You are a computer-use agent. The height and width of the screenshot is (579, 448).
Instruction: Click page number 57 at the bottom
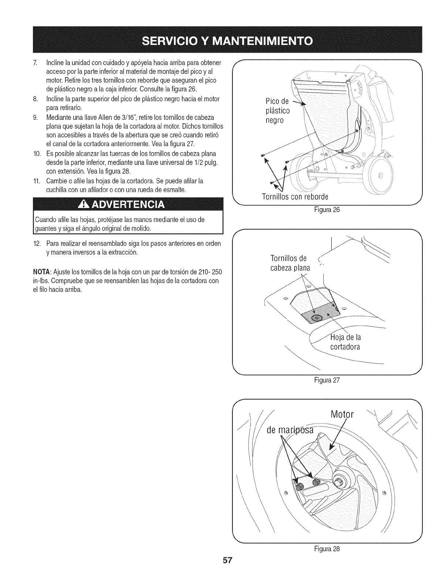pos(224,571)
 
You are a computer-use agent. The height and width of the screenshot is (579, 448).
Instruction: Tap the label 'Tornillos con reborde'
pos(295,197)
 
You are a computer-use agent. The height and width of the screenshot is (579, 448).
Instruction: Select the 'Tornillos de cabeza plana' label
pos(290,263)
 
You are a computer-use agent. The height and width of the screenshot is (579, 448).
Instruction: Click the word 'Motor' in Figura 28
pos(342,415)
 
